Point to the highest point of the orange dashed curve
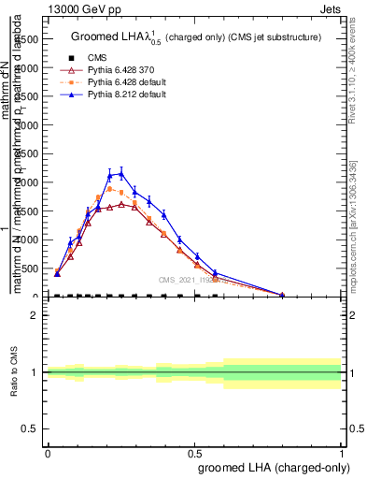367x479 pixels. [109, 189]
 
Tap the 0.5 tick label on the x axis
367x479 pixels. [194, 452]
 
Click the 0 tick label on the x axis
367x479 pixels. [48, 452]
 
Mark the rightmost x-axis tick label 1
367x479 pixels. [341, 452]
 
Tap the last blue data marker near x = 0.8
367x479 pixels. [282, 295]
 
